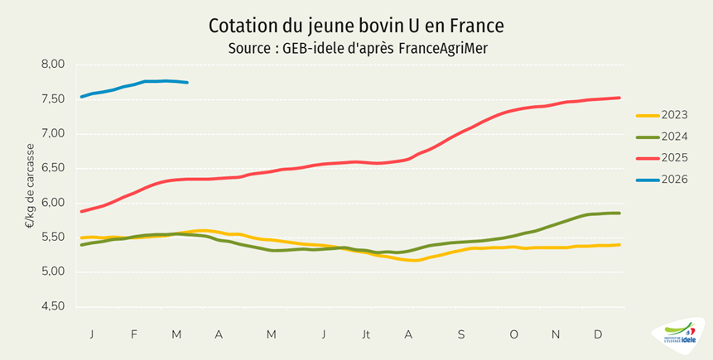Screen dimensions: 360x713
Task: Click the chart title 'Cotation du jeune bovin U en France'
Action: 356,26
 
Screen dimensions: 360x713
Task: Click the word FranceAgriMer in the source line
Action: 443,48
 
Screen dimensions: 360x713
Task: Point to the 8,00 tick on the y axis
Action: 52,65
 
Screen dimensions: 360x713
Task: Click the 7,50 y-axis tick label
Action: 52,99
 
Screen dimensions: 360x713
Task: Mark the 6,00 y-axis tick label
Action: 52,203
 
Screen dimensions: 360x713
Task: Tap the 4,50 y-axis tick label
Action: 52,307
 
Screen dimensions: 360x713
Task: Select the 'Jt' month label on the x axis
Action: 365,334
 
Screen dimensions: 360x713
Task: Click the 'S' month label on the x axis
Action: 460,334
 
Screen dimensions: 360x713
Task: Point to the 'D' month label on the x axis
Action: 598,334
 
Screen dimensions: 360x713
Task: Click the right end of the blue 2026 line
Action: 187,83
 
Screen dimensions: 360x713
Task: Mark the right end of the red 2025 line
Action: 619,98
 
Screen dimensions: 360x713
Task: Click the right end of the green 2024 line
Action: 619,214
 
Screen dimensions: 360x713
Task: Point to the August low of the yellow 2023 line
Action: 414,261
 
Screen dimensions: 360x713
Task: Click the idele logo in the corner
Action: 678,336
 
